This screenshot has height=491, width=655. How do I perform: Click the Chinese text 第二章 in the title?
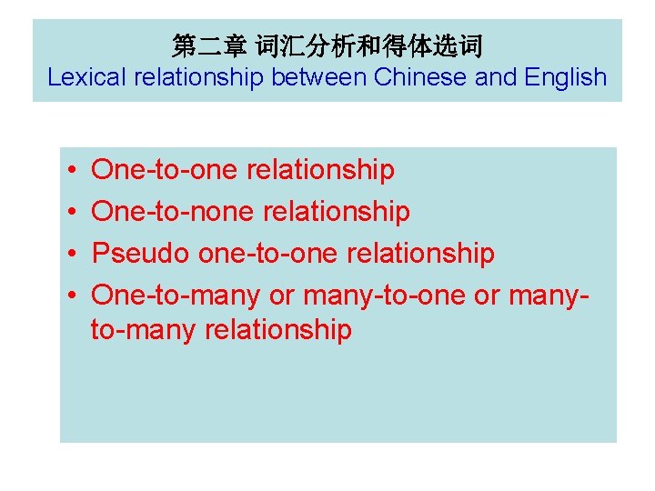click(197, 45)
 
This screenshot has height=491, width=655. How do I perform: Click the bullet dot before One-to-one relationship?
click(71, 171)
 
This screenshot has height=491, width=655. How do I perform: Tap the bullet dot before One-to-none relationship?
click(71, 213)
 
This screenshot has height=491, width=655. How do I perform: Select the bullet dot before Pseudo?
click(71, 254)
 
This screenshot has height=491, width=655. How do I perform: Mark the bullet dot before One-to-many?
click(71, 296)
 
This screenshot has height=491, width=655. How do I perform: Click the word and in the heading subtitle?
click(496, 77)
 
